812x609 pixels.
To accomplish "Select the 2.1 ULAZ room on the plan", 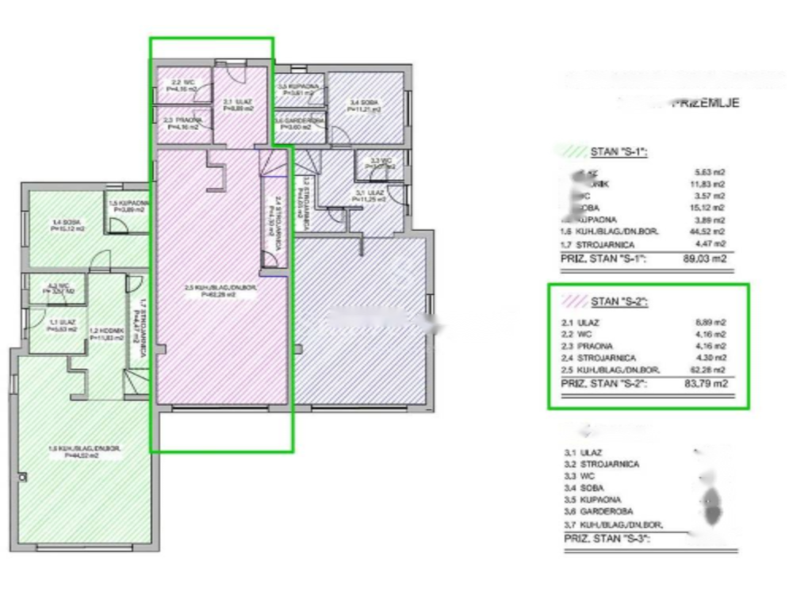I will [237, 104].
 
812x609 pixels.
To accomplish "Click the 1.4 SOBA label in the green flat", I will [67, 225].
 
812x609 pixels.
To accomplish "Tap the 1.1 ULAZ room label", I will [62, 325].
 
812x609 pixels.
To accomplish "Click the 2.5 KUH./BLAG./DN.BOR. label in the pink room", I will [220, 290].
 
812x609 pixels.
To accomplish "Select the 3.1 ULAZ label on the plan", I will [370, 195].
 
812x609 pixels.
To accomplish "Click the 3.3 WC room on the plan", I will [381, 164].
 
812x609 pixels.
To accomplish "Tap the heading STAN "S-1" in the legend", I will [619, 151].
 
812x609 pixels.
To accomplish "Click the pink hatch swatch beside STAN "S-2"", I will [573, 301].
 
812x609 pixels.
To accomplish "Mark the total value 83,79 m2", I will [710, 384].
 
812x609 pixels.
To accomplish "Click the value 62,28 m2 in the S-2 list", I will [710, 370].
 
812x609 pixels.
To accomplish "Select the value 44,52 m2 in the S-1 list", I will [710, 231].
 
